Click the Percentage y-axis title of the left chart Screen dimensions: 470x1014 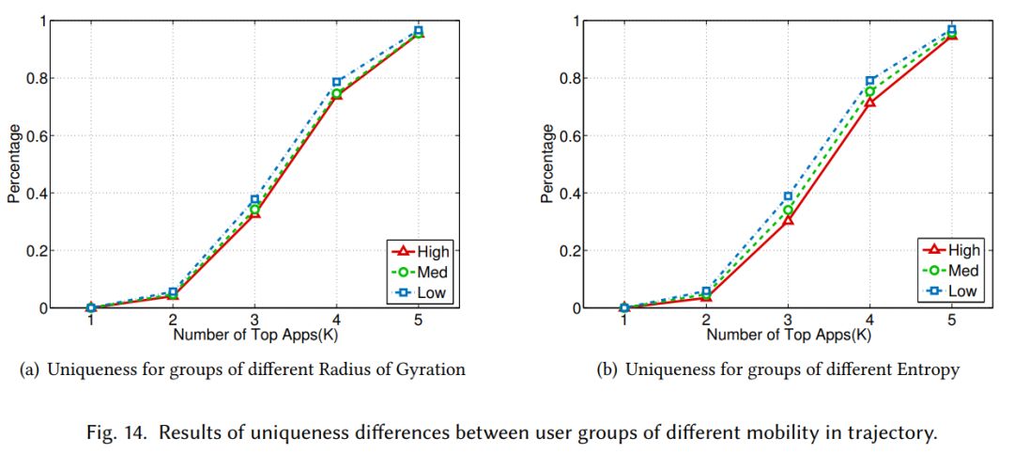[14, 165]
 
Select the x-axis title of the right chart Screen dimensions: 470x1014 [788, 334]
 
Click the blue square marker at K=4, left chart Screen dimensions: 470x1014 [336, 83]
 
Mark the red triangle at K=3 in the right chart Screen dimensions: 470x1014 [788, 220]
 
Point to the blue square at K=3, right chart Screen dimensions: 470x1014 [788, 196]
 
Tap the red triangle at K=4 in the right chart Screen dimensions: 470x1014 [869, 101]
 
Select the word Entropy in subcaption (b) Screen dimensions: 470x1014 [930, 370]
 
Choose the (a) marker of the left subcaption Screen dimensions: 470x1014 [29, 370]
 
